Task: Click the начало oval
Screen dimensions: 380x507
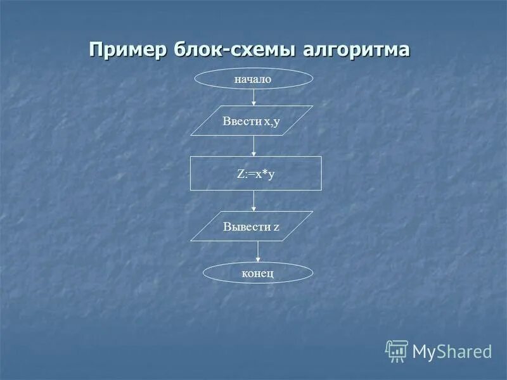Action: (253, 79)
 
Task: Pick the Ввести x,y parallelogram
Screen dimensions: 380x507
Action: (252, 120)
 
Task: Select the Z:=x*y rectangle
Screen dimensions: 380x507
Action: (256, 173)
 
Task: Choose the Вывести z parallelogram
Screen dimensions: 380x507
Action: (252, 226)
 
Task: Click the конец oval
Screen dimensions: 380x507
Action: (258, 273)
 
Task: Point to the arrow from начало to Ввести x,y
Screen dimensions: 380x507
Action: (253, 97)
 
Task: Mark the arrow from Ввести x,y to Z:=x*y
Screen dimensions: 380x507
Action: (253, 146)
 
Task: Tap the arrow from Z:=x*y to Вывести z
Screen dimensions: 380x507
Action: (253, 201)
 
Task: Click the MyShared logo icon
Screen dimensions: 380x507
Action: (397, 350)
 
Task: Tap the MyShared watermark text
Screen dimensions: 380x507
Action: (452, 351)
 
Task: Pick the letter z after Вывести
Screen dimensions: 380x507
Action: (277, 227)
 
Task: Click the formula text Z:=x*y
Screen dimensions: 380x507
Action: (256, 174)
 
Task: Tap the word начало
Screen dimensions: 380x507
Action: (253, 79)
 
